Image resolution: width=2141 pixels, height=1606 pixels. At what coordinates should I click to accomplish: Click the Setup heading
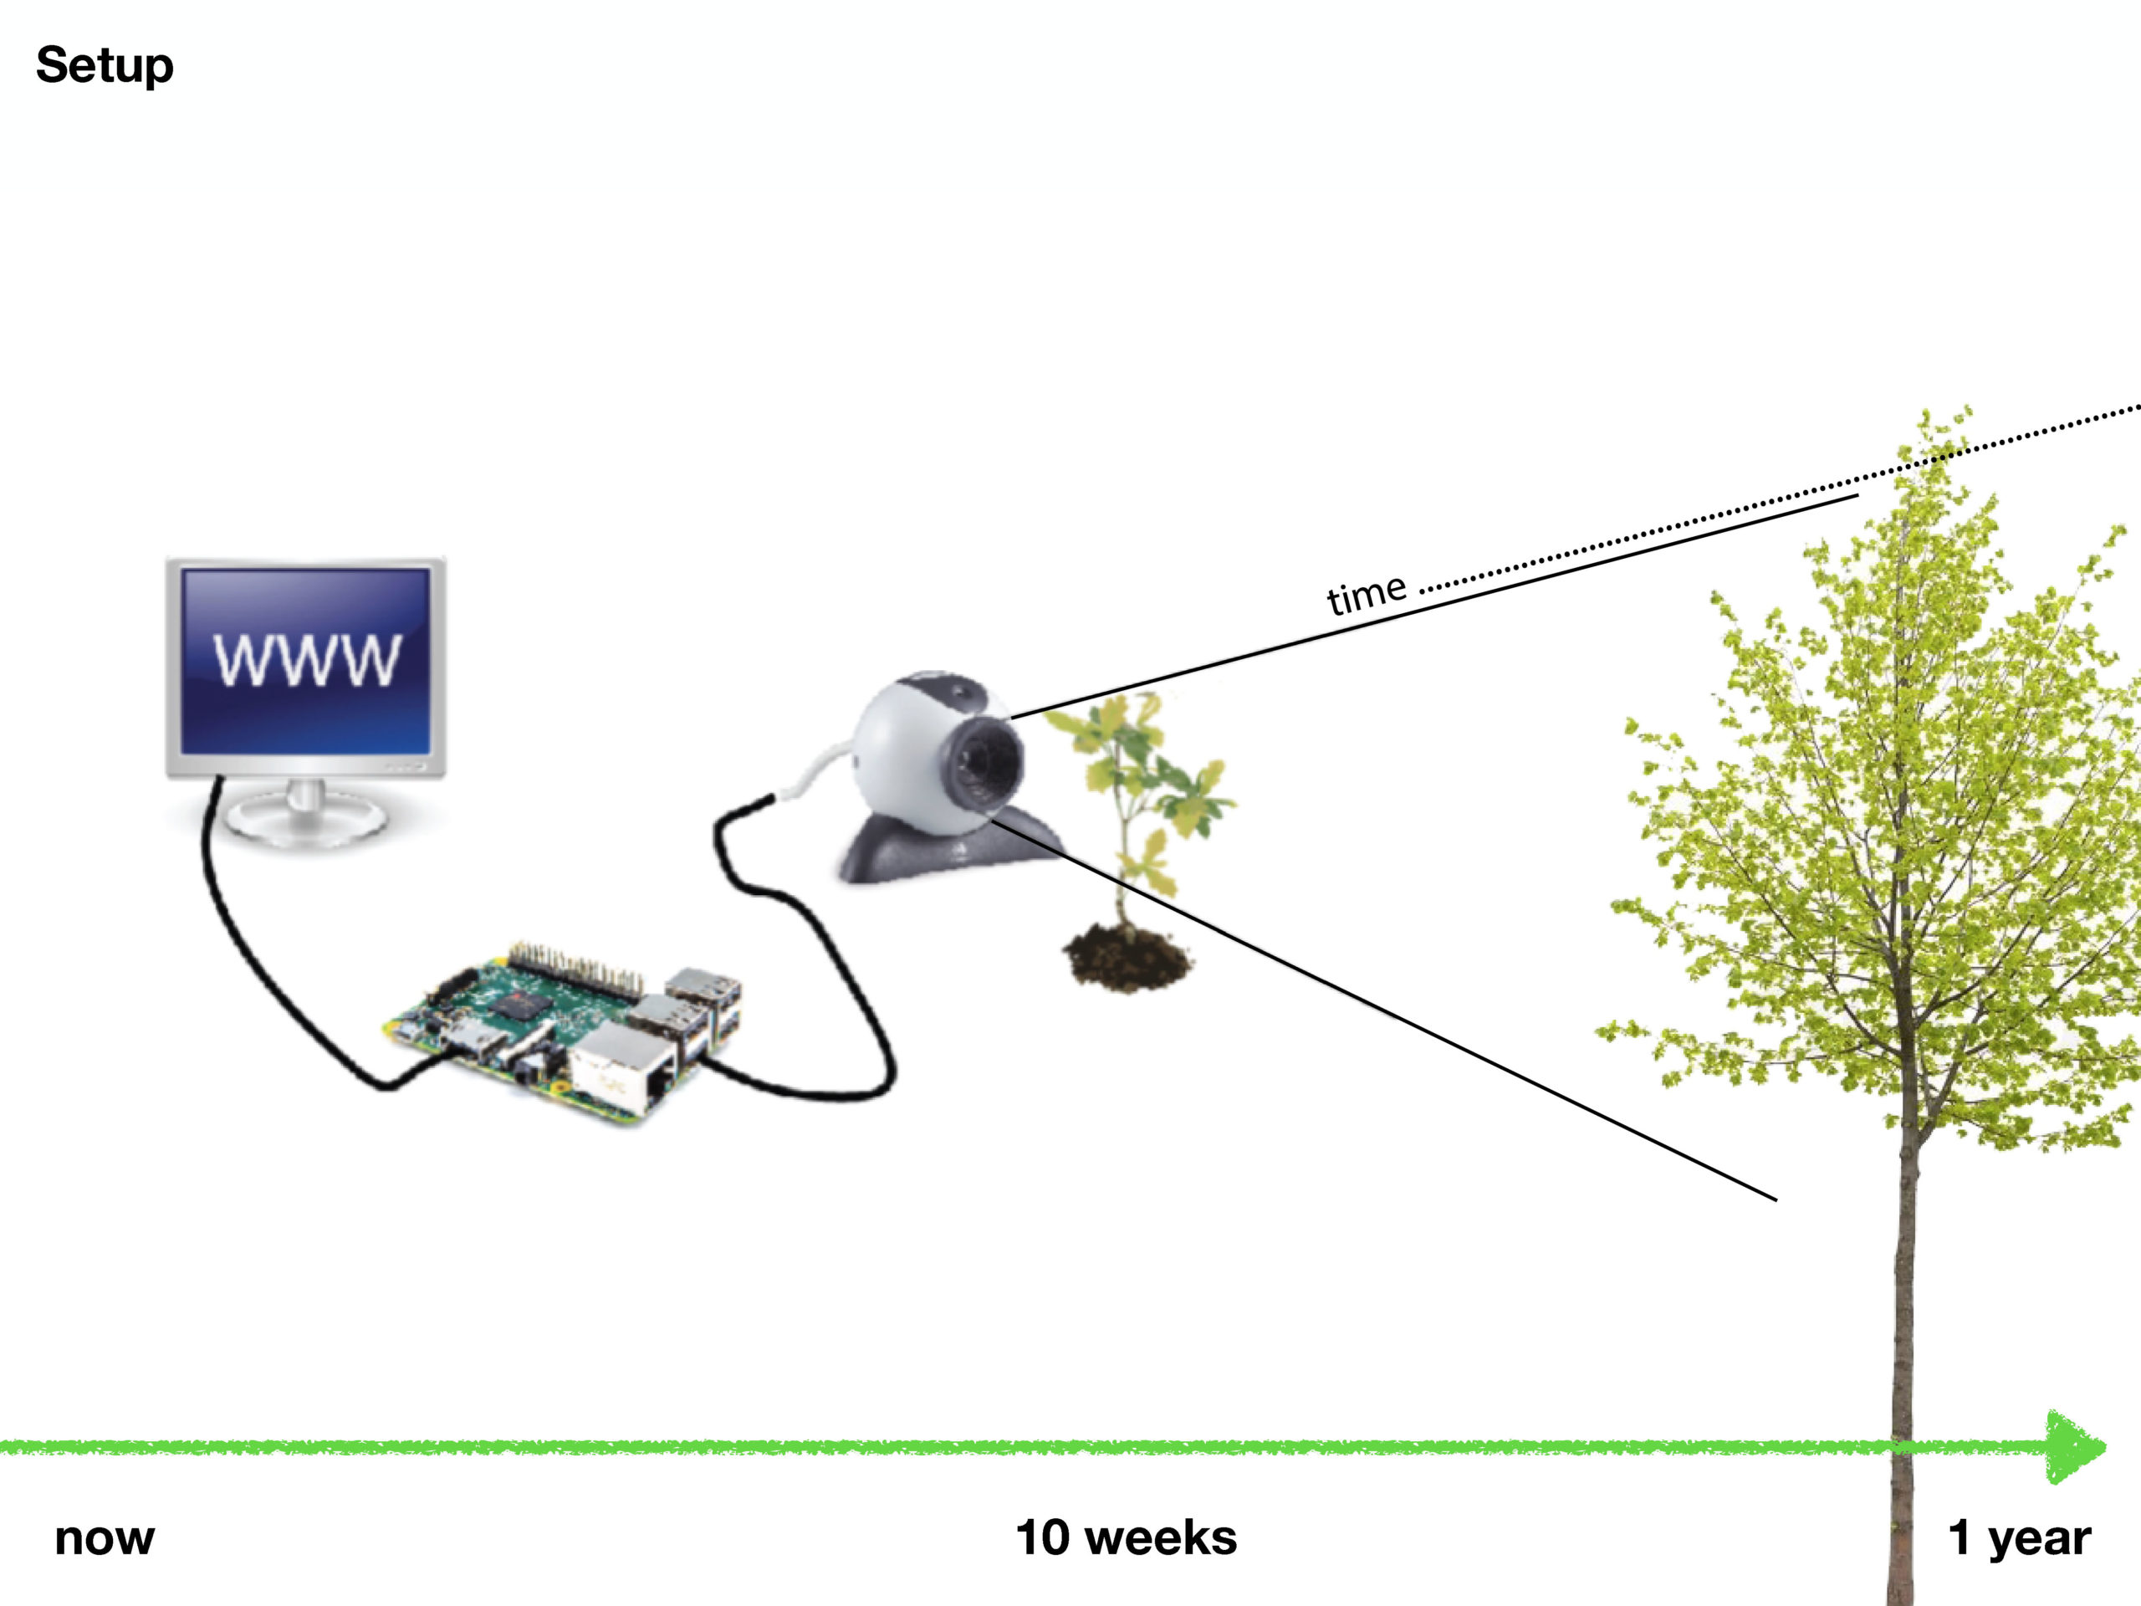click(105, 66)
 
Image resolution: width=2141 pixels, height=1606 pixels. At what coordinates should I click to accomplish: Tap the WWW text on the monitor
click(306, 660)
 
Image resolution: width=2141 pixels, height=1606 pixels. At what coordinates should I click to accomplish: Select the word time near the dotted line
click(1366, 595)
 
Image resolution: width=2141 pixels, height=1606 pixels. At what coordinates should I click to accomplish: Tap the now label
click(105, 1538)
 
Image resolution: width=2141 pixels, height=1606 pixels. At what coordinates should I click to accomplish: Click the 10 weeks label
click(1126, 1538)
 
